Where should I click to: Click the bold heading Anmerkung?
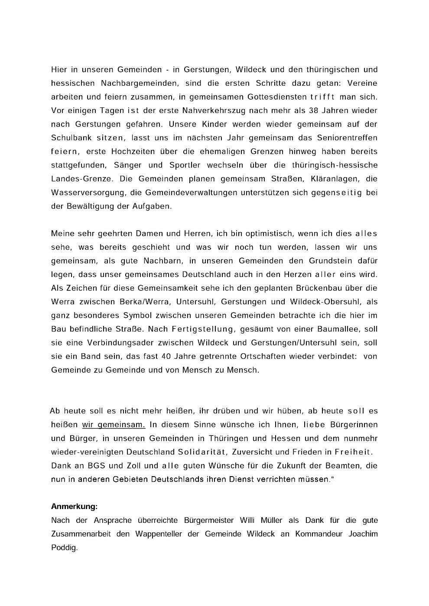(74, 506)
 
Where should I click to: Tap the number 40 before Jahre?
(172, 356)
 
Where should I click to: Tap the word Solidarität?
(202, 452)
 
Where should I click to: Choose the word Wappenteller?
(159, 534)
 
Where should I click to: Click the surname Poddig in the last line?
(64, 548)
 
